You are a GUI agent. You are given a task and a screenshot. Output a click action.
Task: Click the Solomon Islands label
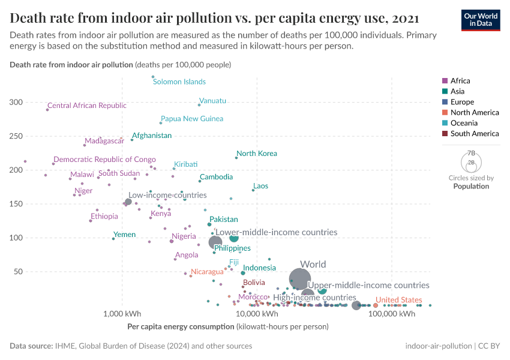(179, 82)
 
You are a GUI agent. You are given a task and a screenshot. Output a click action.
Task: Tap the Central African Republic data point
(47, 110)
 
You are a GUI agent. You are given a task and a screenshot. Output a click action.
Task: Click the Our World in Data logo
(481, 19)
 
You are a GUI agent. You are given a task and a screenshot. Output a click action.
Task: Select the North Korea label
(257, 154)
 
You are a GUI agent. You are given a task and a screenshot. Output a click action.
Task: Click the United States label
(398, 300)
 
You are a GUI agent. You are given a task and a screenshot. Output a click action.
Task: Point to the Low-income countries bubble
(128, 202)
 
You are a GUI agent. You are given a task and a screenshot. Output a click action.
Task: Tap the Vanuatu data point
(199, 105)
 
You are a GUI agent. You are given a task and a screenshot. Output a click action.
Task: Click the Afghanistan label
(152, 136)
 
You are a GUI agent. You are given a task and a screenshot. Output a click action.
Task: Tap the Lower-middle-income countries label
(276, 232)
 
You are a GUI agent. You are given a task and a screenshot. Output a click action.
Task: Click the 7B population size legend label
(471, 154)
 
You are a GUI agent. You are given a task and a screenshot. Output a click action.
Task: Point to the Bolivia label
(254, 282)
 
